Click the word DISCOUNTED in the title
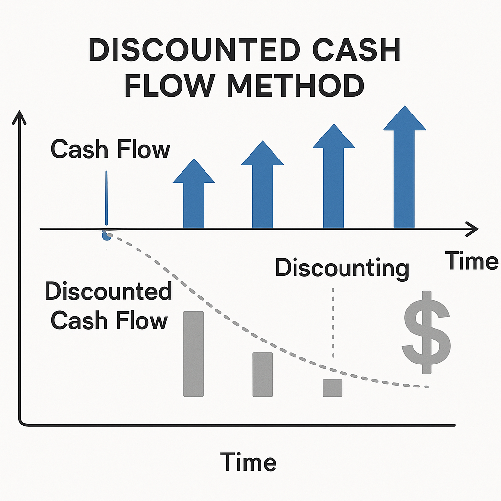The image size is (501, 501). [194, 50]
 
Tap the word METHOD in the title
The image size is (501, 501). [295, 86]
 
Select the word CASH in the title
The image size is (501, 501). [356, 50]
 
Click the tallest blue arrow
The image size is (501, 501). [404, 166]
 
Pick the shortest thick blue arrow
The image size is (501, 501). [194, 193]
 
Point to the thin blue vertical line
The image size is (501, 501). [106, 198]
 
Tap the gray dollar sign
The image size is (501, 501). [426, 332]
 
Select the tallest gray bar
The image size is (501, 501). [193, 354]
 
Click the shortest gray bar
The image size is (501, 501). [333, 388]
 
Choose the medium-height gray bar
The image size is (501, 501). [263, 374]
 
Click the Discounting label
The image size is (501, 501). [342, 269]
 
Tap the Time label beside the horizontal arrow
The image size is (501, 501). [471, 260]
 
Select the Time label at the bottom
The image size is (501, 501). [248, 462]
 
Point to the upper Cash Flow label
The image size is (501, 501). [110, 149]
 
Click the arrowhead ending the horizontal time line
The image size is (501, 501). [472, 229]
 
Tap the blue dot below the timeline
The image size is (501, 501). [106, 236]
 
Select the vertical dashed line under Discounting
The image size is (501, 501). [333, 323]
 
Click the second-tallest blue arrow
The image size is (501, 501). [334, 176]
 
